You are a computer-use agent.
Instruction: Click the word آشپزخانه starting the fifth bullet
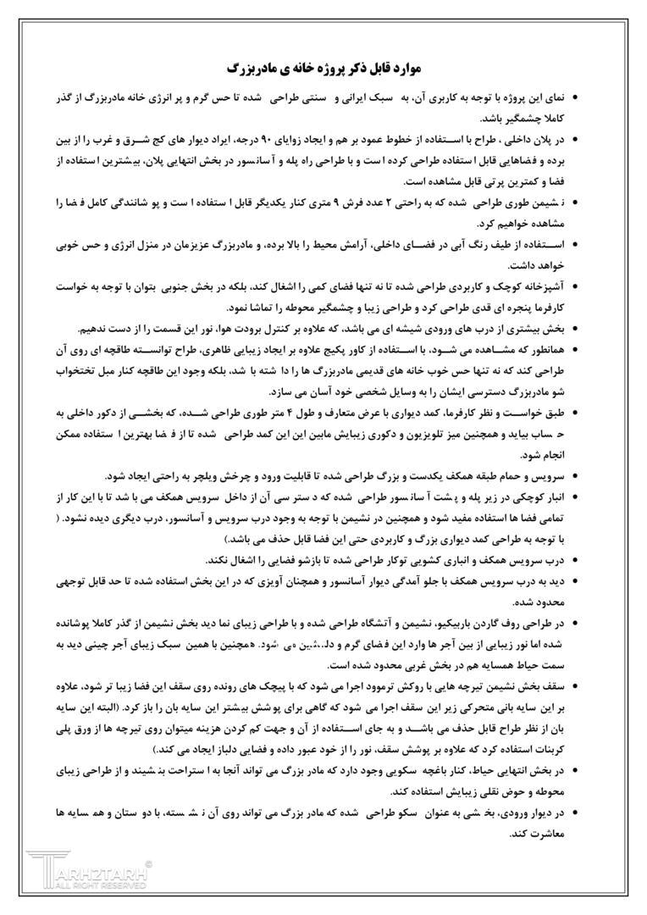548,286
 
